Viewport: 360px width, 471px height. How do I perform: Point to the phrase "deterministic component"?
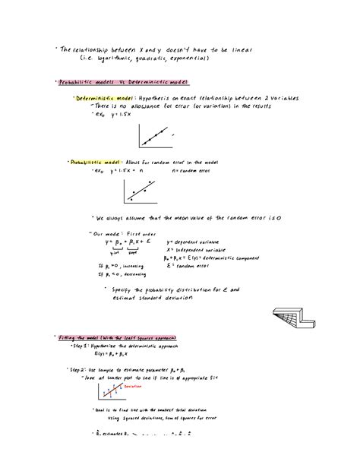tap(227, 257)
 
